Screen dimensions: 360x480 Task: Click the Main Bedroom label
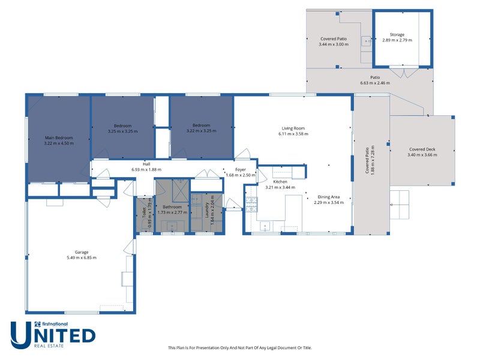coord(59,137)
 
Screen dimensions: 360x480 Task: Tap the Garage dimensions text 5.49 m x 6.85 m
coord(81,257)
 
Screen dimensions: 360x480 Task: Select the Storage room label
coord(397,35)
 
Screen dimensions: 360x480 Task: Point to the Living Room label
coord(293,128)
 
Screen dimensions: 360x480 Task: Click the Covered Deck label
coord(423,149)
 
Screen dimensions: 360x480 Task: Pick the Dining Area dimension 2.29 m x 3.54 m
coord(328,202)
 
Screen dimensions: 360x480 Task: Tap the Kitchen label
coord(281,181)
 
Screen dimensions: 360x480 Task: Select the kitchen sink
coord(265,226)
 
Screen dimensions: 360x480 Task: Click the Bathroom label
coord(172,207)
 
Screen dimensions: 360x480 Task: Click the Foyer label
coord(241,169)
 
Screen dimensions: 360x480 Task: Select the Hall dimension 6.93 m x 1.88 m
coord(146,170)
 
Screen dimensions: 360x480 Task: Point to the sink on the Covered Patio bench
coord(365,41)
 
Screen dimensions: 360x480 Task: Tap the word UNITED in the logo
coord(53,335)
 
